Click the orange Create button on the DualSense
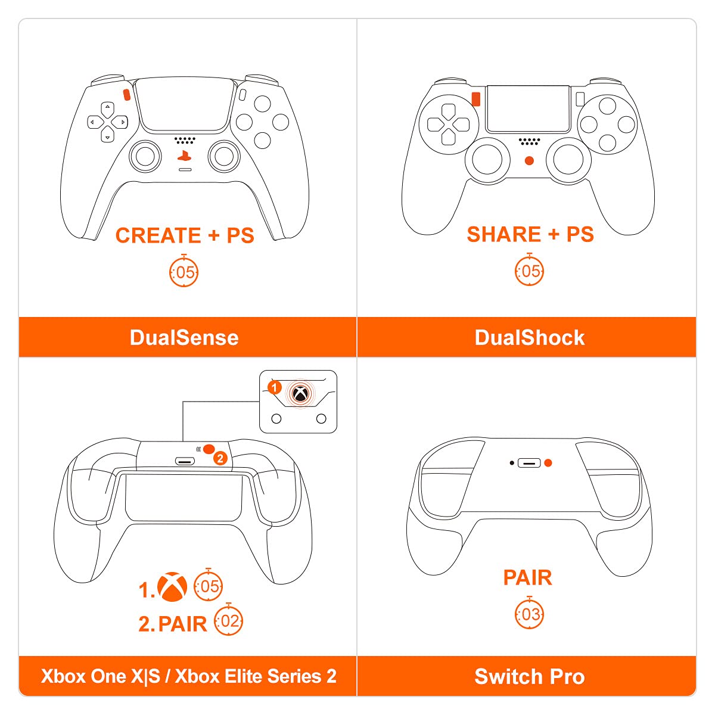coord(126,94)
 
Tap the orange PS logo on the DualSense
coord(184,156)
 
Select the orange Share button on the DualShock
coord(475,99)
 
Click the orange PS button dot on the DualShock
coord(530,161)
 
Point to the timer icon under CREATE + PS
coord(184,271)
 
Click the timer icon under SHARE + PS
coord(530,270)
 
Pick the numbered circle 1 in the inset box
coord(275,388)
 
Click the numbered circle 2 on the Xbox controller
coord(220,459)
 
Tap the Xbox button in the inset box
coord(300,394)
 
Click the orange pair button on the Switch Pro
coord(548,463)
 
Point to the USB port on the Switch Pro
coord(529,463)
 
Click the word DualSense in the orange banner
coord(184,338)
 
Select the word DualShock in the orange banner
coord(530,338)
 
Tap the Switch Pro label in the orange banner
coord(530,676)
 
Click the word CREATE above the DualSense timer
coord(158,235)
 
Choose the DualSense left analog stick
coord(145,157)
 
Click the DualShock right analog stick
coord(568,159)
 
